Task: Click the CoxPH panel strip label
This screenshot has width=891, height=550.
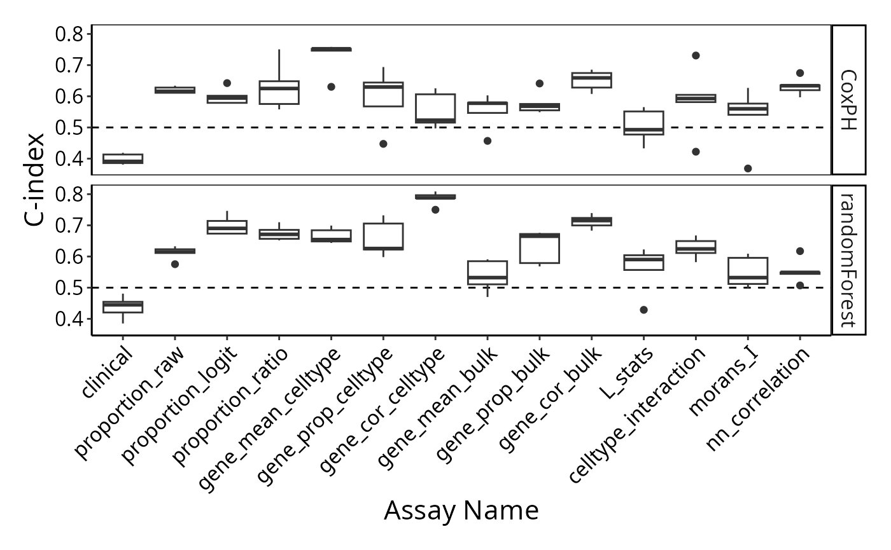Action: pyautogui.click(x=848, y=100)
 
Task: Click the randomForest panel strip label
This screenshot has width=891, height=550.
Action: pyautogui.click(x=848, y=260)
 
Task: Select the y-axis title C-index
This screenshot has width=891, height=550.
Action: pyautogui.click(x=34, y=179)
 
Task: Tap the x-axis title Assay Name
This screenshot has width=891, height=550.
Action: pyautogui.click(x=461, y=510)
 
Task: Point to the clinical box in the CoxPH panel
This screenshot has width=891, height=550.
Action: pyautogui.click(x=123, y=158)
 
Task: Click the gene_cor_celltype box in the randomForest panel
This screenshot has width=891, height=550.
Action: pyautogui.click(x=435, y=196)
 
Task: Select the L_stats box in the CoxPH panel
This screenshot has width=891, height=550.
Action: pyautogui.click(x=643, y=123)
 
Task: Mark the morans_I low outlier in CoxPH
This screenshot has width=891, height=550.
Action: pyautogui.click(x=748, y=168)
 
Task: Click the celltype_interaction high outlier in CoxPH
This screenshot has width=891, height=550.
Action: pyautogui.click(x=696, y=56)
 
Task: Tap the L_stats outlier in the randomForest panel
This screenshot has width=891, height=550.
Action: pyautogui.click(x=643, y=310)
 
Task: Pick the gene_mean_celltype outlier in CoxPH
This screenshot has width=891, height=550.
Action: pyautogui.click(x=331, y=87)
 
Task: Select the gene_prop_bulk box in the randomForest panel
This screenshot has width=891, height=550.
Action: pyautogui.click(x=540, y=249)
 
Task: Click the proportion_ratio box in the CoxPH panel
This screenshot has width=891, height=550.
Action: pyautogui.click(x=279, y=93)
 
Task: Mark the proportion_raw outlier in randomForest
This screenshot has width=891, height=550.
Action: pyautogui.click(x=175, y=265)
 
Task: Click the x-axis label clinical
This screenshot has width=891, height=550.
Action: pyautogui.click(x=107, y=371)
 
